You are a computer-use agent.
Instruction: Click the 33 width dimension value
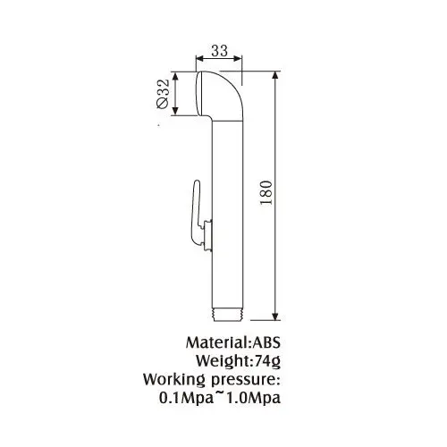point(219,51)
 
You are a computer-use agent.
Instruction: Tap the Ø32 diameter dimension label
point(163,94)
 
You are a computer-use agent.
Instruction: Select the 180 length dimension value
point(266,192)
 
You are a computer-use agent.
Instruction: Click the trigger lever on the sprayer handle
point(197,213)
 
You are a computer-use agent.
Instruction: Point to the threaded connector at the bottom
point(229,316)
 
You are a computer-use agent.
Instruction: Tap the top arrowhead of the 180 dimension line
point(275,75)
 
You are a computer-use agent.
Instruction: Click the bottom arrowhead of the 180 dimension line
point(275,316)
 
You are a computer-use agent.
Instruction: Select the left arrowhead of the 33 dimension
point(199,58)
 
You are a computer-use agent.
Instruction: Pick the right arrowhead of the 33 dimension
point(238,58)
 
